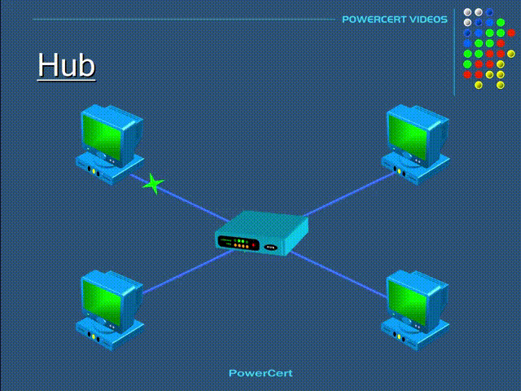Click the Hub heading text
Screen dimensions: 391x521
[67, 65]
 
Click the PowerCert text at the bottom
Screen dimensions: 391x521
[260, 373]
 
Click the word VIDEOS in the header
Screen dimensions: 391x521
[428, 20]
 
